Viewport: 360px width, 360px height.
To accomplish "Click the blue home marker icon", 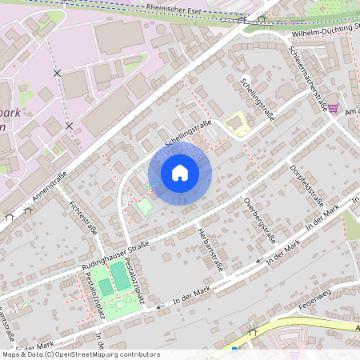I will tap(179, 173).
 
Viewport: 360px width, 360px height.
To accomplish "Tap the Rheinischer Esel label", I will tap(173, 7).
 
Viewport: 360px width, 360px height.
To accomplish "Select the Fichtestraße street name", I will tap(83, 217).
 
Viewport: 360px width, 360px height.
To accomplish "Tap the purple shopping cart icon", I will tap(333, 107).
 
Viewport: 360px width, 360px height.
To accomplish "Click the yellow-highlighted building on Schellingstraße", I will tap(236, 124).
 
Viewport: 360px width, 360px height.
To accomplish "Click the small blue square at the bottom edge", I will tap(234, 349).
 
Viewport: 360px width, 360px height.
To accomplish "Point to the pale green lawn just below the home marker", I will tap(143, 208).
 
